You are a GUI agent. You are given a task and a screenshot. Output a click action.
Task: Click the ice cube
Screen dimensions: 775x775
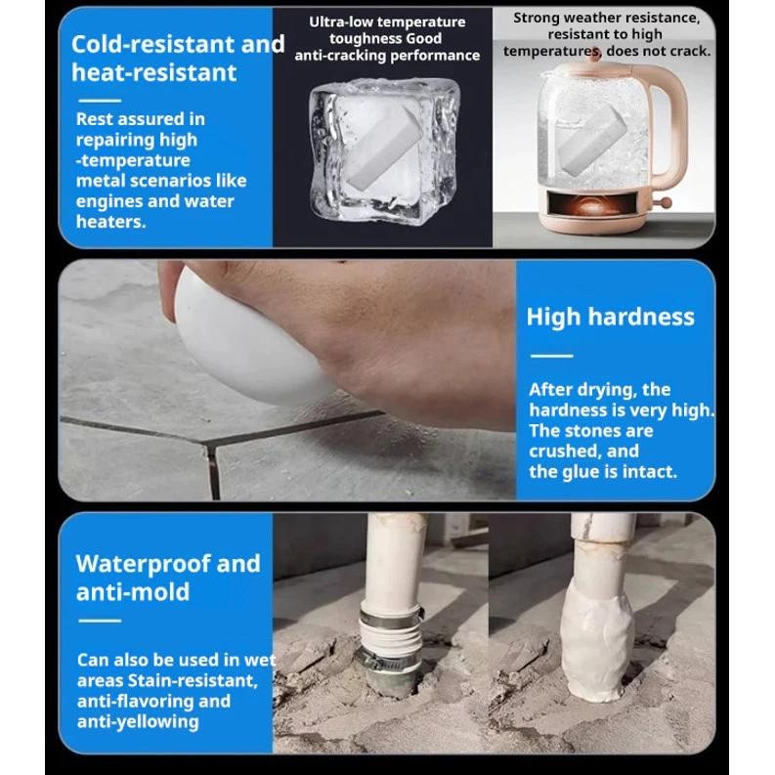383,151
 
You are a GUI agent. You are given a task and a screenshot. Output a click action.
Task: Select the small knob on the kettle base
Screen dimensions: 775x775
666,202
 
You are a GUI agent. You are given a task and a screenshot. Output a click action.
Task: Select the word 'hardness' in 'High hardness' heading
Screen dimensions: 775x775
641,317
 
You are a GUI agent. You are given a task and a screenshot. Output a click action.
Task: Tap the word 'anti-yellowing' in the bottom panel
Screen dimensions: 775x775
138,722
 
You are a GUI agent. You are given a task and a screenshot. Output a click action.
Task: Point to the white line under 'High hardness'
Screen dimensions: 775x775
551,356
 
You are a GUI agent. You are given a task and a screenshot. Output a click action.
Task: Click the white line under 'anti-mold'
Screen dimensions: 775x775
100,621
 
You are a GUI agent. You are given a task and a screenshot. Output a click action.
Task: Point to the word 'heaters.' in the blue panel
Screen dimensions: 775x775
110,222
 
